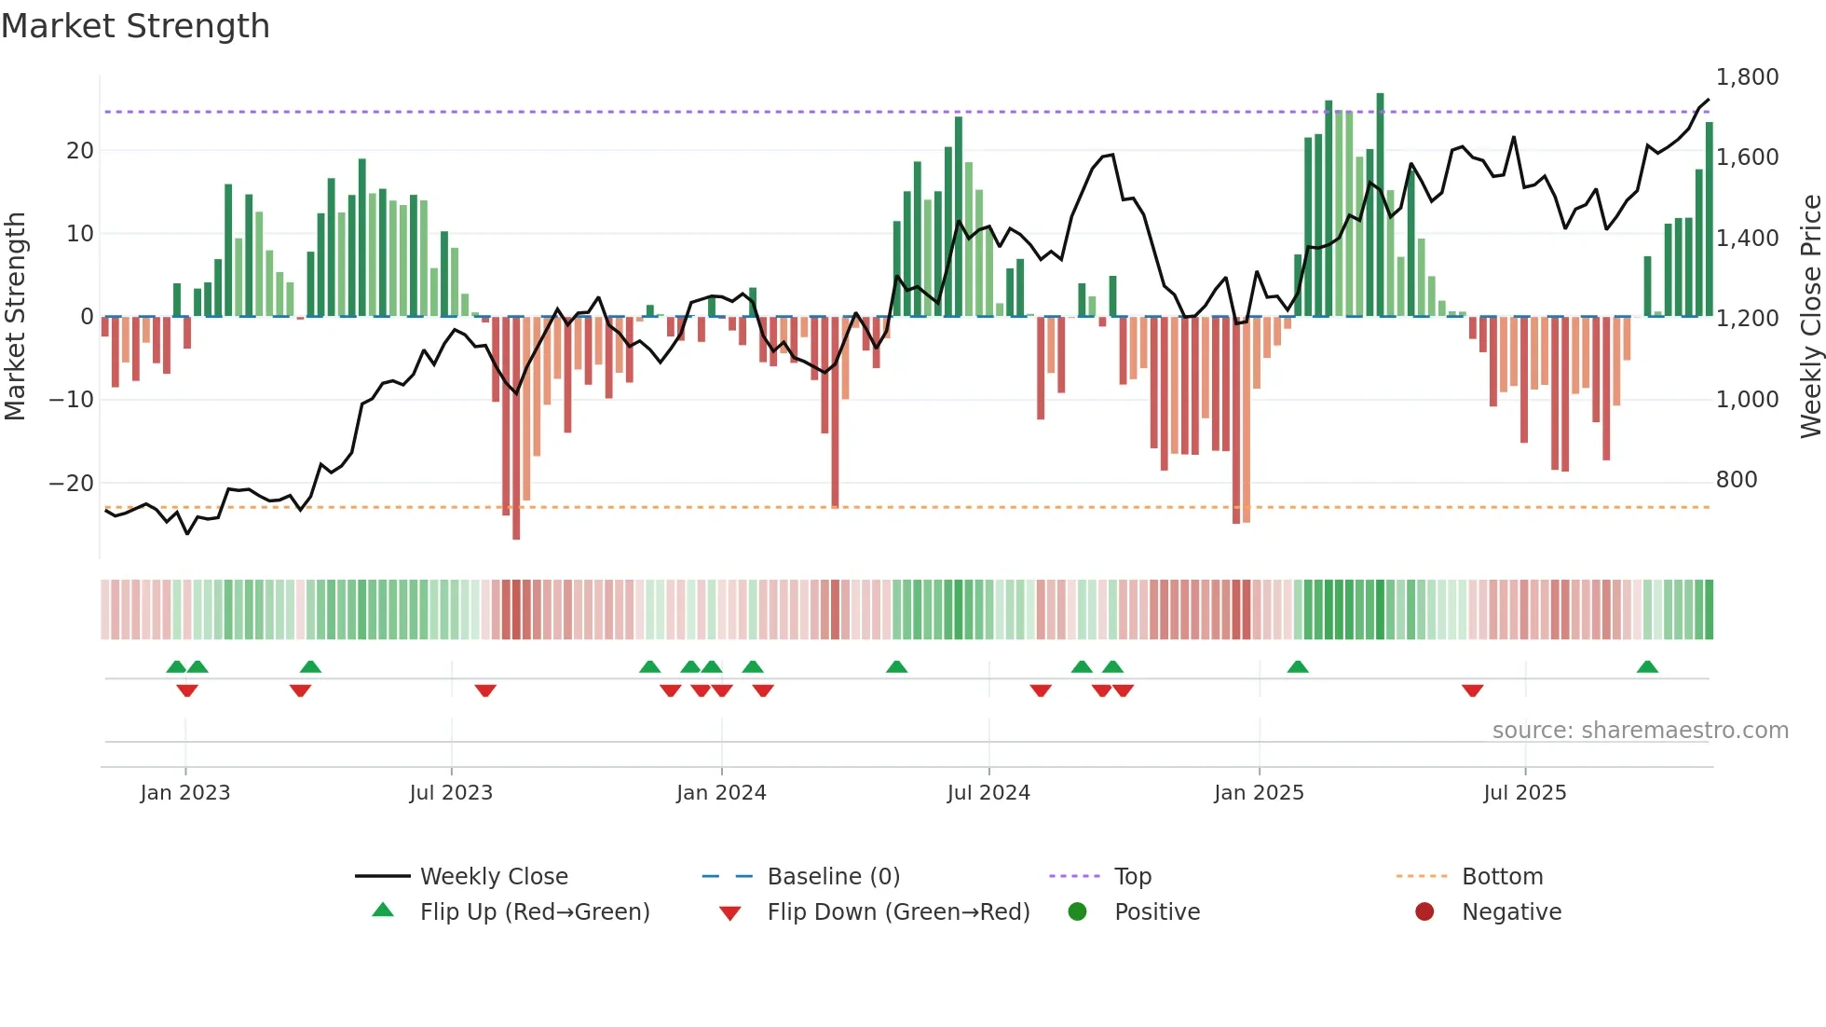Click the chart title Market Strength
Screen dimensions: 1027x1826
[135, 26]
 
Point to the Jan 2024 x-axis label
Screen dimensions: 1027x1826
[721, 793]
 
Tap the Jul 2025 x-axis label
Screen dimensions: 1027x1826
[1524, 793]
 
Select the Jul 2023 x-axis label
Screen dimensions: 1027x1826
[451, 793]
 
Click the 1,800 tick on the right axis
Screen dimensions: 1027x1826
[1747, 77]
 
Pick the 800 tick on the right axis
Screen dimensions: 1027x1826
[1737, 480]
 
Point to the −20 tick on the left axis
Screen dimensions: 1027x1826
[72, 483]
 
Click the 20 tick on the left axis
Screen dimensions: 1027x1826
[80, 151]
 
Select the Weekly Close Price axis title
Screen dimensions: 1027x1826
[1810, 317]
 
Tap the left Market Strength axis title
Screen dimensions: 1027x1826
[16, 317]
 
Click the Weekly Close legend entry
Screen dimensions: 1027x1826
[493, 877]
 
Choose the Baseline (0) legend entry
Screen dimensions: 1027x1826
[833, 877]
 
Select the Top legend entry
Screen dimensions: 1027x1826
[1132, 877]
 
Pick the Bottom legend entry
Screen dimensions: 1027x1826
[1502, 877]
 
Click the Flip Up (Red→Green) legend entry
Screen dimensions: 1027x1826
[534, 912]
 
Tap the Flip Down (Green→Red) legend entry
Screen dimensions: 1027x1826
[897, 912]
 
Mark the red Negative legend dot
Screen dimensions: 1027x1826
[1424, 912]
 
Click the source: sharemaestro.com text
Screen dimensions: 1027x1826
[1640, 731]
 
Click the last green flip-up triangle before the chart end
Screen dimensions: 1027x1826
[1647, 667]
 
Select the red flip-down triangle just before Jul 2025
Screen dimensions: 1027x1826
[1472, 691]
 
